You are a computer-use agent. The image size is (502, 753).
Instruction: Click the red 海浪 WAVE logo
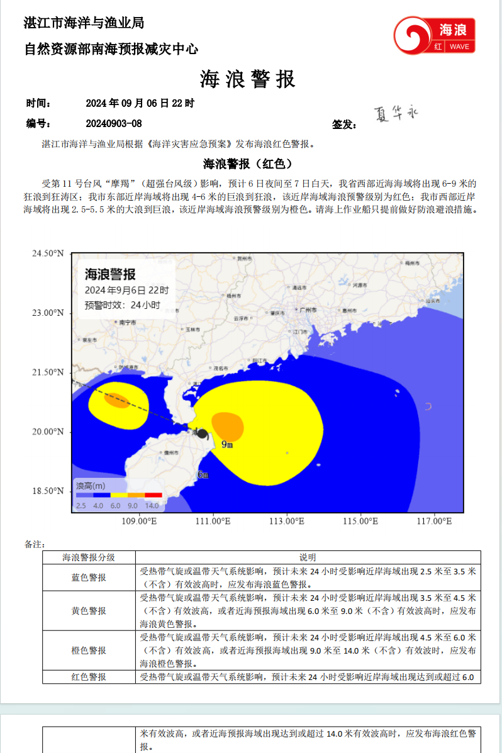[x=434, y=35]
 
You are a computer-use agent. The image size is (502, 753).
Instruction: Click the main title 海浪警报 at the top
[x=247, y=80]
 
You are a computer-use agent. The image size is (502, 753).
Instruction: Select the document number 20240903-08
[x=114, y=124]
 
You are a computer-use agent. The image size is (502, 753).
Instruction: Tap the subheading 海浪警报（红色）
[x=248, y=164]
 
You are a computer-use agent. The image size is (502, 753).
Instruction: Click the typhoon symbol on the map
[x=202, y=433]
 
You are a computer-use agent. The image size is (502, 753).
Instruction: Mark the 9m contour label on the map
[x=227, y=445]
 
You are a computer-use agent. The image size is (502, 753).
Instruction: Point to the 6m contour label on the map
[x=203, y=475]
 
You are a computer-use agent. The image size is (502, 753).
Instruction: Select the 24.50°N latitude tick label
[x=48, y=254]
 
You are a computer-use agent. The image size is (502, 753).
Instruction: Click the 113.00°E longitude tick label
[x=287, y=522]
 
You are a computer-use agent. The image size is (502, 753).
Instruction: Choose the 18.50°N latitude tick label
[x=48, y=491]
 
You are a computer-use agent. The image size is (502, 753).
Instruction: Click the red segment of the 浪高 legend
[x=153, y=495]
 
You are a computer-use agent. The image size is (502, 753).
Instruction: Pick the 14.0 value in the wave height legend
[x=152, y=505]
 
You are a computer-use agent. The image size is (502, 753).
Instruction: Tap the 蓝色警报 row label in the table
[x=89, y=577]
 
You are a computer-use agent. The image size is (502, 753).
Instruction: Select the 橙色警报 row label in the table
[x=89, y=650]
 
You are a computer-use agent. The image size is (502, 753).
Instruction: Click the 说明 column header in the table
[x=308, y=557]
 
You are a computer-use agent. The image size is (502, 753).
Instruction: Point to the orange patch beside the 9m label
[x=227, y=426]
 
